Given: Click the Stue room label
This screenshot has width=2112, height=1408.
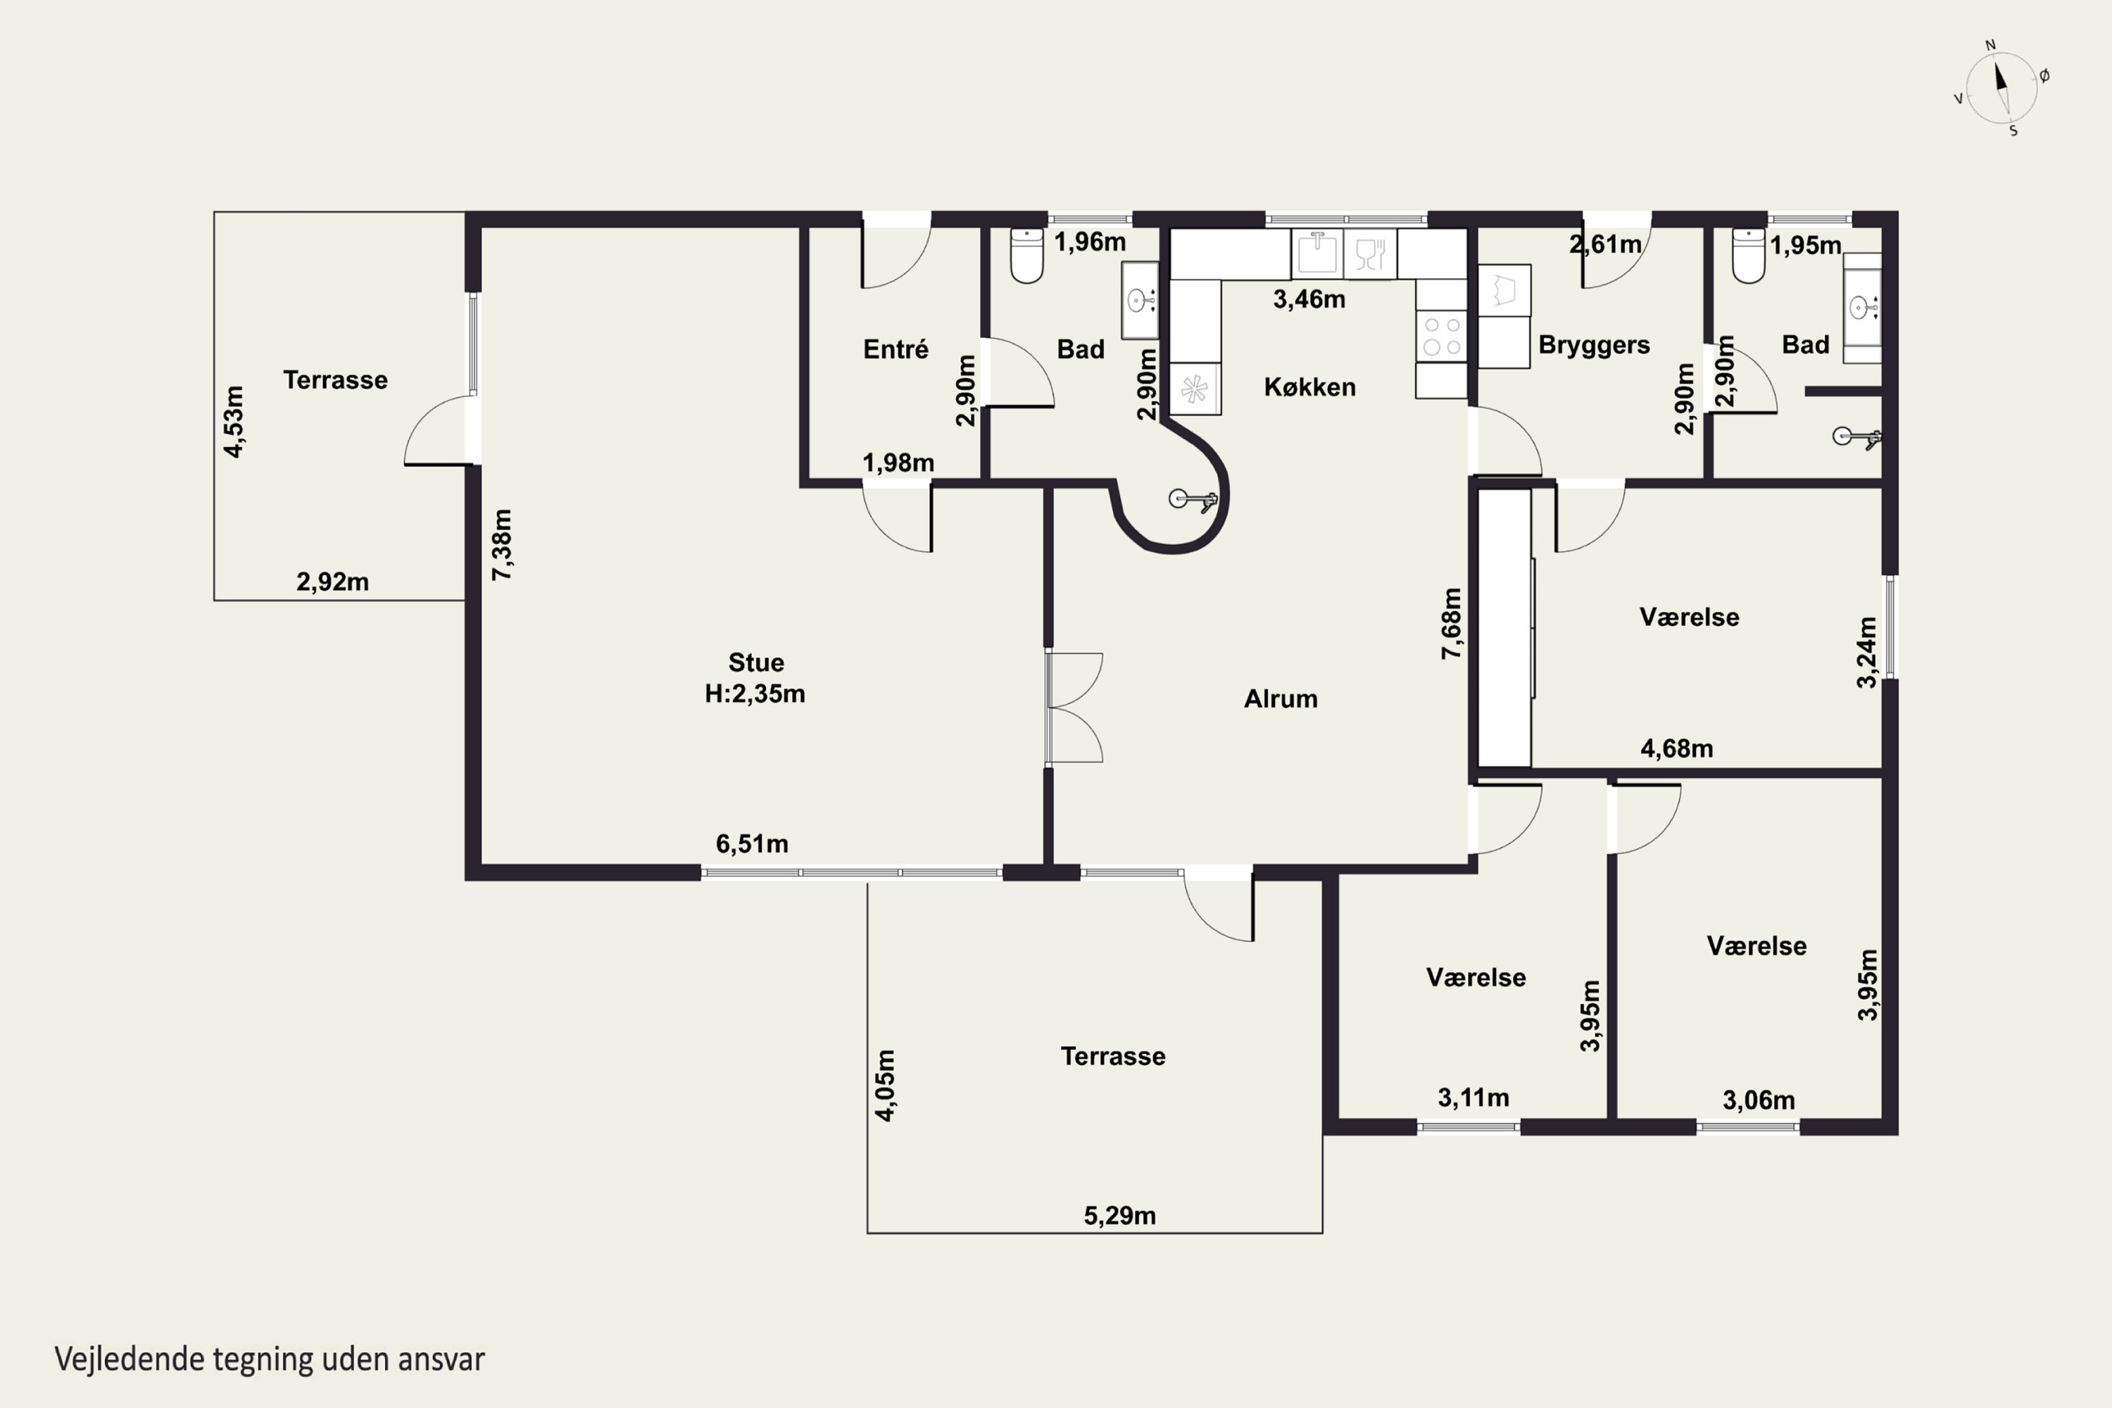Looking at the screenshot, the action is pos(756,662).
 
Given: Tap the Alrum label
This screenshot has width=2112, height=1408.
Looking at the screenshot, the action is pos(1281,698).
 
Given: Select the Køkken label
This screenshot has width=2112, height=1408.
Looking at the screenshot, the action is pos(1310,387).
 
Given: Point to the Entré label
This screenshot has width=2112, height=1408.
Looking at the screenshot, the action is pos(895,349).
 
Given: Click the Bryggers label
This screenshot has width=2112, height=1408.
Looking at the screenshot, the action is pos(1594,346).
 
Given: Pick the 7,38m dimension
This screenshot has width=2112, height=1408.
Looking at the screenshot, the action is pos(502,544).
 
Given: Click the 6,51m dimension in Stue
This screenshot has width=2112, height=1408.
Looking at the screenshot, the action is pos(752,844).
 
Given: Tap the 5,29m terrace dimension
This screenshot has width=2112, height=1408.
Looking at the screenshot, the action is pos(1120,1216).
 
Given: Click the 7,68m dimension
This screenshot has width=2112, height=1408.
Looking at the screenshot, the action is pos(1451,623).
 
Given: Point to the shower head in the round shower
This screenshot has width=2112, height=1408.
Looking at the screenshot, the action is pos(1193,500).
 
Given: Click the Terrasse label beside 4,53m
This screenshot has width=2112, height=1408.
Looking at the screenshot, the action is pos(335,380).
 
